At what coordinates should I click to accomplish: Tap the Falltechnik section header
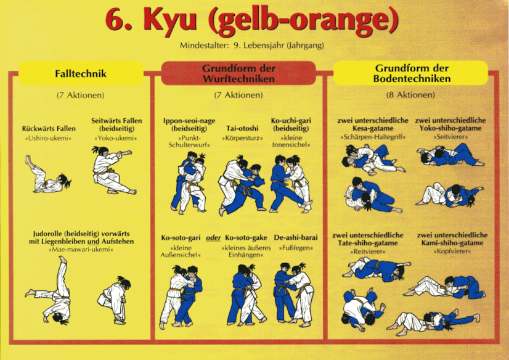click(x=81, y=74)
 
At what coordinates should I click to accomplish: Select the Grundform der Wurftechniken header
click(x=238, y=73)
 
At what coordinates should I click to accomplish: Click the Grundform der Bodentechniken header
click(x=412, y=73)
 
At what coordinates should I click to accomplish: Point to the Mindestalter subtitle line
click(x=252, y=46)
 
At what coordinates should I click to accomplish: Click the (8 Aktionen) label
click(x=410, y=95)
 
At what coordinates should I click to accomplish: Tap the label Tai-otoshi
click(x=242, y=128)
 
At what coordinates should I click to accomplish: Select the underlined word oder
click(x=213, y=238)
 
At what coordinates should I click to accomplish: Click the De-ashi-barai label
click(x=296, y=237)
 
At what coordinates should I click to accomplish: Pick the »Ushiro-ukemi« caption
click(x=48, y=138)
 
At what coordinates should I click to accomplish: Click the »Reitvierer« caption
click(x=368, y=252)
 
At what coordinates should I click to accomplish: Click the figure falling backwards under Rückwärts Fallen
click(x=47, y=174)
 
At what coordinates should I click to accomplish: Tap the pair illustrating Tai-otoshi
click(x=242, y=184)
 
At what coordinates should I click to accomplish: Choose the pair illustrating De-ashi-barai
click(x=294, y=295)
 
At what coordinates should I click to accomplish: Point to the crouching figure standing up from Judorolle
click(x=114, y=300)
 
